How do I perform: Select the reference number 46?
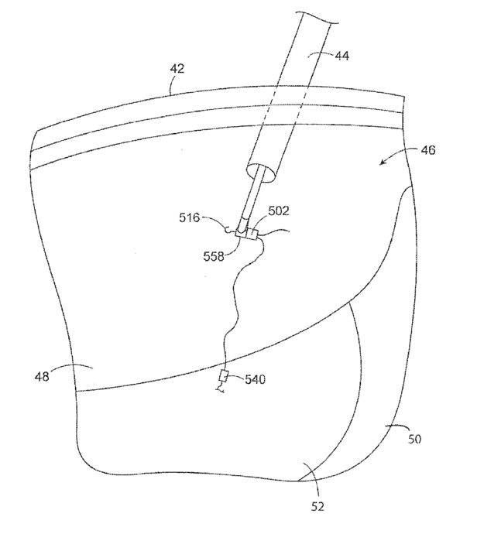pos(428,150)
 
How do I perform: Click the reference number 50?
pos(414,439)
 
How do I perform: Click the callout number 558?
pos(210,254)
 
